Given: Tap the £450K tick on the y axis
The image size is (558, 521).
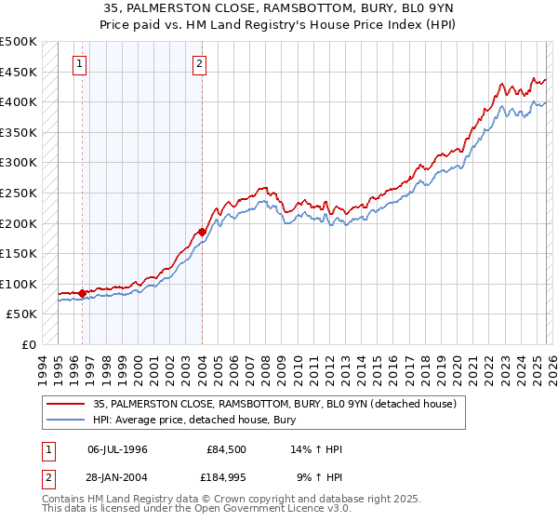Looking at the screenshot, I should click(x=20, y=73).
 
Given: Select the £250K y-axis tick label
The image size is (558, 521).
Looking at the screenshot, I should click(x=20, y=194).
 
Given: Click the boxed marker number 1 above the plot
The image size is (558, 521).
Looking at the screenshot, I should click(x=79, y=64).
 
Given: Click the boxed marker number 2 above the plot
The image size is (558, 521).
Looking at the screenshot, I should click(x=200, y=64).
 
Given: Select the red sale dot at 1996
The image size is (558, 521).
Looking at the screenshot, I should click(x=83, y=293).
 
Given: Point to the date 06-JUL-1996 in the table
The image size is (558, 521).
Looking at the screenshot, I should click(x=117, y=448).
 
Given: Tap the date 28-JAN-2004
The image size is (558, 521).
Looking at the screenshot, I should click(x=117, y=478).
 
